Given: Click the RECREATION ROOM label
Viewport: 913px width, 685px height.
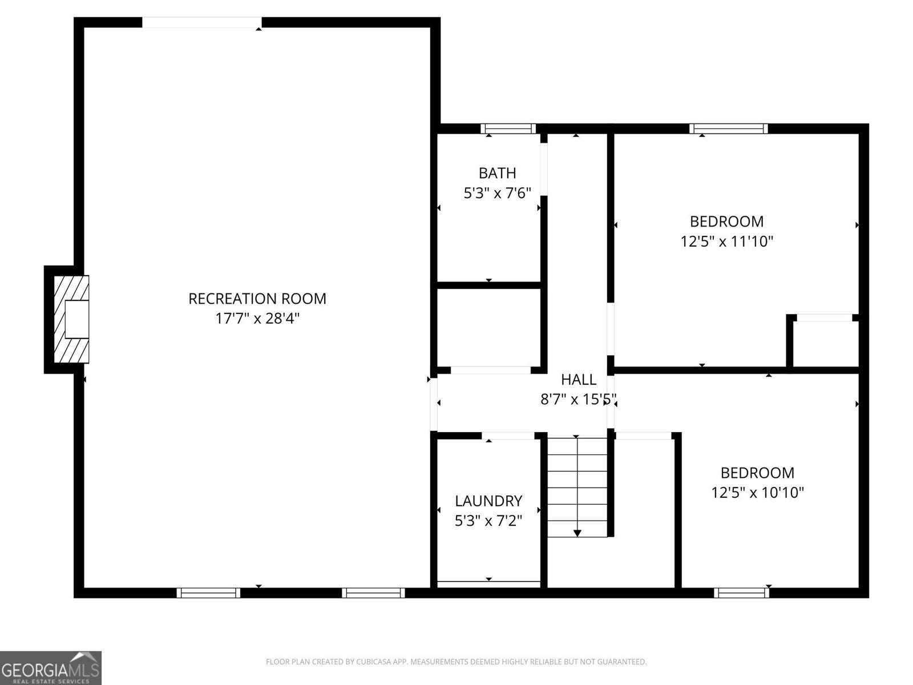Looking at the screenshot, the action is click(x=257, y=299).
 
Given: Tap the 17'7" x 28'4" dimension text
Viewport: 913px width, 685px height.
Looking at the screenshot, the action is click(x=257, y=319).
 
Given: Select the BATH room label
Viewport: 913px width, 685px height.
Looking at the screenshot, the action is click(x=497, y=173).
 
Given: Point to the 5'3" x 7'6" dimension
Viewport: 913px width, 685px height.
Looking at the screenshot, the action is click(x=497, y=193).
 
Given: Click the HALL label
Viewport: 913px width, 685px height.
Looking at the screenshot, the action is click(x=578, y=379).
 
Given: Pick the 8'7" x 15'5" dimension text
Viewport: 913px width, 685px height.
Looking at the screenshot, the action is click(x=578, y=399).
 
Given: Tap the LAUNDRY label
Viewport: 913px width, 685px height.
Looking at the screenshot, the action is click(x=488, y=501).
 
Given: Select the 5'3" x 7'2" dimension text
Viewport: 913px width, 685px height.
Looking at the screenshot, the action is click(x=488, y=521).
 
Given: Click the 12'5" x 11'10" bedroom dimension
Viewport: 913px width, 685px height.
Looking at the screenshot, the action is click(x=726, y=241).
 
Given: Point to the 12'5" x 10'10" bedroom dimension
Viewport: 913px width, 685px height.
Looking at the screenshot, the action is click(x=757, y=493).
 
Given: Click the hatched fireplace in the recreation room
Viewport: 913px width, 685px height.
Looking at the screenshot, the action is click(x=71, y=319).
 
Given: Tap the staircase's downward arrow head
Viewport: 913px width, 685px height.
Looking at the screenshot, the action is click(x=577, y=533).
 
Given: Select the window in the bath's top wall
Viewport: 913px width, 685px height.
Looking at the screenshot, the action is click(x=508, y=128).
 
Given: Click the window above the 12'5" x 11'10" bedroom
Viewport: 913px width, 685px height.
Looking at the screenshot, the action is click(x=728, y=128).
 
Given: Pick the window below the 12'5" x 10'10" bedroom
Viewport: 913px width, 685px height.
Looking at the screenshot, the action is click(x=741, y=593).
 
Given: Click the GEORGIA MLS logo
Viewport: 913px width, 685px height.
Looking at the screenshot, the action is click(x=51, y=668).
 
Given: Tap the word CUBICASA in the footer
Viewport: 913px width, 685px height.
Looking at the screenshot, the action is click(x=373, y=662).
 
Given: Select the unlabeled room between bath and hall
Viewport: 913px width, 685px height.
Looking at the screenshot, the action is click(x=488, y=328).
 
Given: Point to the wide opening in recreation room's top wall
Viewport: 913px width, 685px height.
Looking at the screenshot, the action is click(x=202, y=22).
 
